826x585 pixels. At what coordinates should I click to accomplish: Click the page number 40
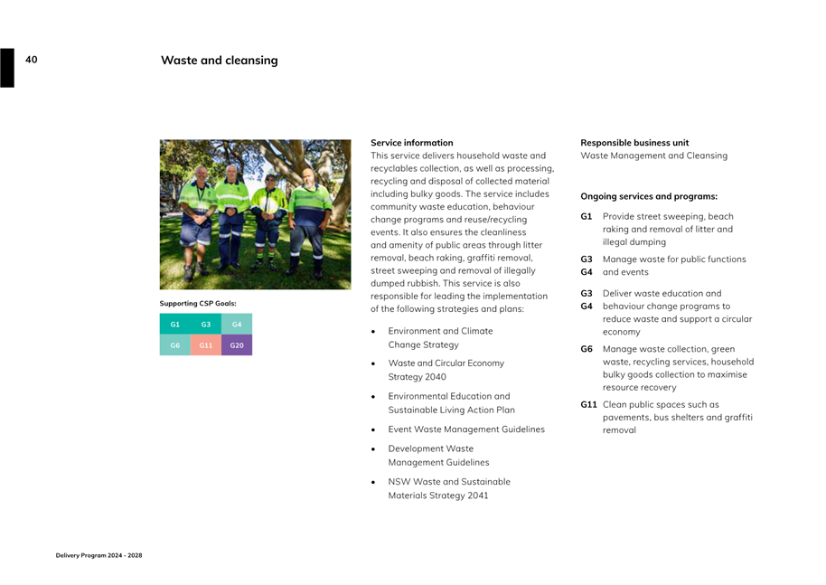(x=32, y=60)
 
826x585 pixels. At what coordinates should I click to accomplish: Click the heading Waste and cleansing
(x=220, y=61)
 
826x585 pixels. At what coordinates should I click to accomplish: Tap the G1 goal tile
(x=175, y=324)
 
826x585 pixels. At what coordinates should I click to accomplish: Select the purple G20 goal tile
(x=237, y=345)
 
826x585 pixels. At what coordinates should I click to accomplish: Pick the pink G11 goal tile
(x=206, y=345)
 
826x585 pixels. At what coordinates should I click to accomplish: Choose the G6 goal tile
(x=175, y=345)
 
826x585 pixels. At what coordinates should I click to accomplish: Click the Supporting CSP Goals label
(x=198, y=303)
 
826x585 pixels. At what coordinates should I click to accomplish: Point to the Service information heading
(x=412, y=143)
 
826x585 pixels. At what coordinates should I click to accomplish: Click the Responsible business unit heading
(x=634, y=143)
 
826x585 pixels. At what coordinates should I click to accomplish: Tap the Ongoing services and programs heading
(x=649, y=196)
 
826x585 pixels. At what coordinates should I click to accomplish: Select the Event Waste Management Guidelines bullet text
(x=466, y=429)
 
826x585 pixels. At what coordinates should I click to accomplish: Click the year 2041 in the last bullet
(x=478, y=495)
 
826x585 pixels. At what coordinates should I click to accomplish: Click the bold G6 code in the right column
(x=587, y=349)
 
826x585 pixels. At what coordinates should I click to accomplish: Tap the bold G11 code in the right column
(x=588, y=405)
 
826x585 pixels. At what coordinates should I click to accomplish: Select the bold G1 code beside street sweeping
(x=587, y=217)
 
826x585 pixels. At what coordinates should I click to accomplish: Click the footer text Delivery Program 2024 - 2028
(x=99, y=555)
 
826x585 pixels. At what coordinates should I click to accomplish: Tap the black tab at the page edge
(x=7, y=68)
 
